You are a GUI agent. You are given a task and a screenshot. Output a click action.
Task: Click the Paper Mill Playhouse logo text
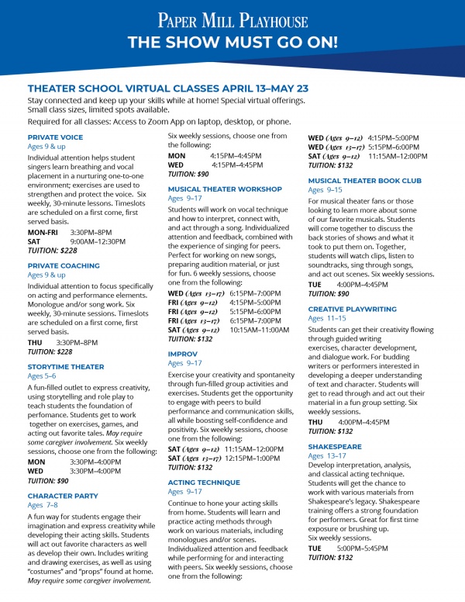point(232,19)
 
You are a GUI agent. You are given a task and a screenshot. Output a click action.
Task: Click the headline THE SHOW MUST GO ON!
point(232,41)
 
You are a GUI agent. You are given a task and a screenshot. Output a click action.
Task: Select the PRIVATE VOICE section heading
point(55,137)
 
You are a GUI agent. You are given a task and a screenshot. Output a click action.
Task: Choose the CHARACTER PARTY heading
point(63,495)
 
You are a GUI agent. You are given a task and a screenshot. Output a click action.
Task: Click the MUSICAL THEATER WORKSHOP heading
point(225,189)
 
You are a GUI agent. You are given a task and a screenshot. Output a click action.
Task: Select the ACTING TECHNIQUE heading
point(204,482)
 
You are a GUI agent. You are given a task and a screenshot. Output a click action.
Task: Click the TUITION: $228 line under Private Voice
point(53,251)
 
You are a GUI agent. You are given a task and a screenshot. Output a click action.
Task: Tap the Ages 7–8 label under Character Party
point(43,505)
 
